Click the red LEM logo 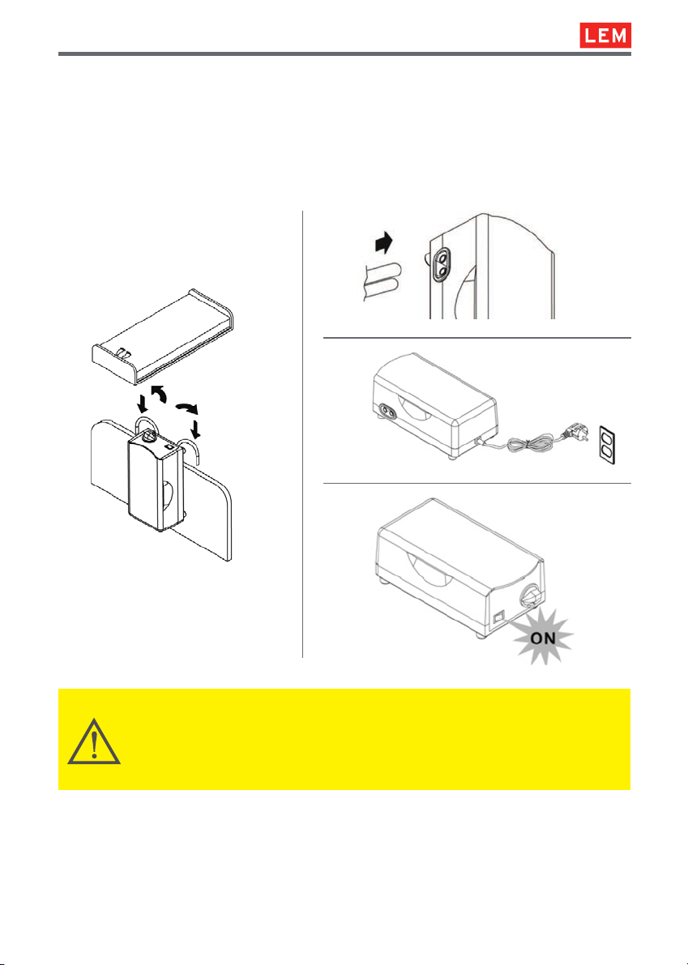[605, 36]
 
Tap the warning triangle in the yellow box [93, 741]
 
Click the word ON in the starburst [542, 638]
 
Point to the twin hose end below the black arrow [379, 282]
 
